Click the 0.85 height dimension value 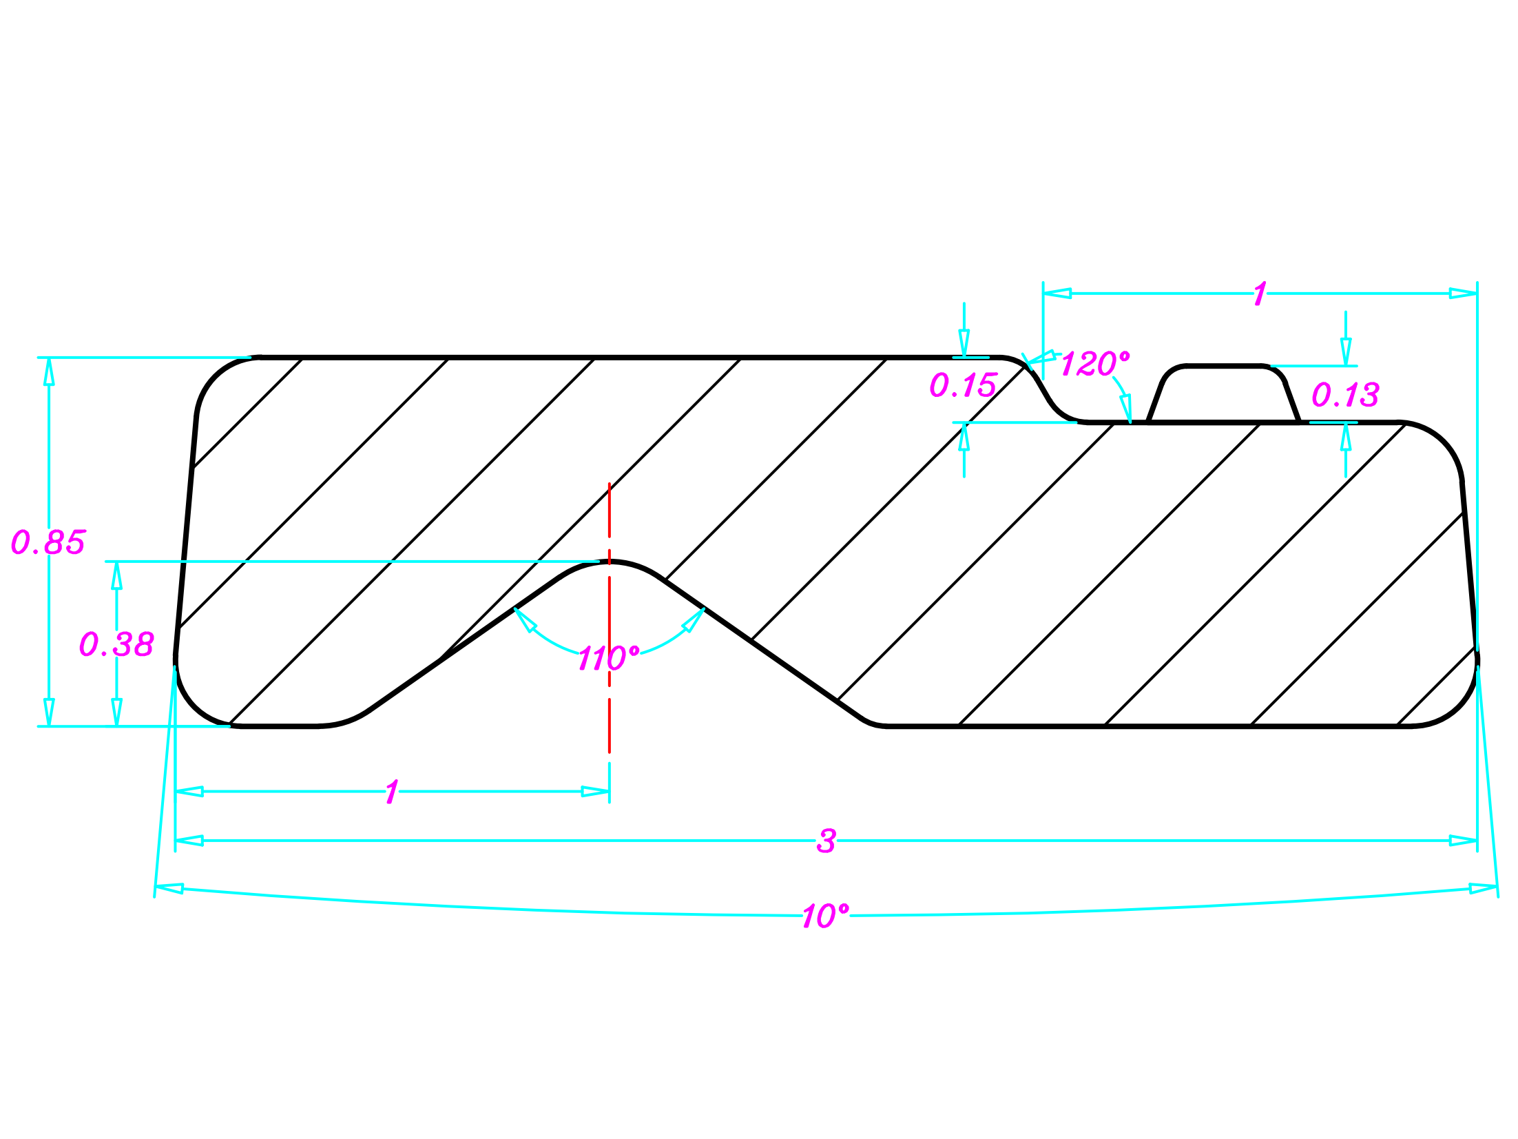click(x=48, y=542)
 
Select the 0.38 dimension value click(x=116, y=644)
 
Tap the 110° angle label click(x=609, y=658)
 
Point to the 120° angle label click(x=1095, y=364)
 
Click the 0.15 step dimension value click(x=963, y=385)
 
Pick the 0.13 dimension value click(x=1345, y=395)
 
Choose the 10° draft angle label click(x=825, y=916)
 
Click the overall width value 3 click(x=826, y=841)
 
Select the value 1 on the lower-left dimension click(x=392, y=792)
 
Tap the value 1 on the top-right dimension click(x=1260, y=294)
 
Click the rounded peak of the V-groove click(x=610, y=563)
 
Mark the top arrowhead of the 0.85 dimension click(x=49, y=371)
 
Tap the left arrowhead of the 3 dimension click(x=189, y=841)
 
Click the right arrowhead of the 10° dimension click(x=1483, y=889)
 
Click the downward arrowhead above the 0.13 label click(x=1346, y=351)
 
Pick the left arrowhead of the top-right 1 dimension click(x=1057, y=294)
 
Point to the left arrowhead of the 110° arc click(x=525, y=620)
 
